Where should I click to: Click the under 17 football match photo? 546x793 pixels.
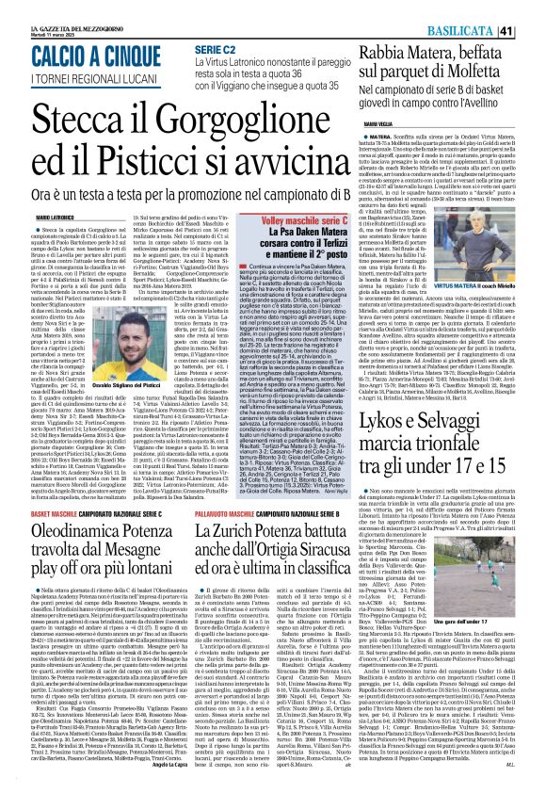498,539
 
